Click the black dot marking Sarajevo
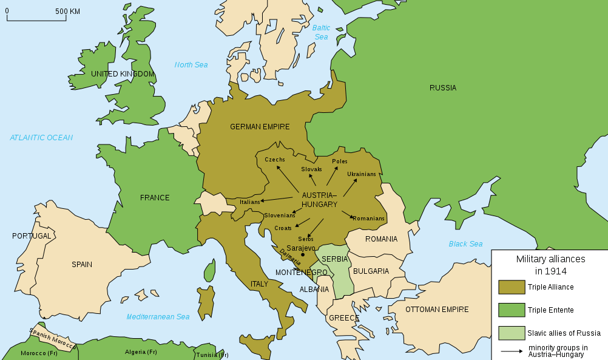click(x=303, y=256)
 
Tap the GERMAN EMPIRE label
click(x=260, y=127)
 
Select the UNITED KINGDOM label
click(x=123, y=74)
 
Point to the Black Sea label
click(x=465, y=244)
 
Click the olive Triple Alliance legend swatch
click(x=512, y=287)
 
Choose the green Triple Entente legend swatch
click(x=512, y=310)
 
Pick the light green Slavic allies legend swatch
click(x=512, y=333)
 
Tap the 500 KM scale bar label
click(x=67, y=11)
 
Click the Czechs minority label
click(x=275, y=160)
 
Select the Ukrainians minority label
click(x=362, y=174)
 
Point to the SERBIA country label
click(x=335, y=259)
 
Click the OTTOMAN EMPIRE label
click(x=437, y=310)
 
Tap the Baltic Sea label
click(x=321, y=32)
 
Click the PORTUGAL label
click(x=32, y=236)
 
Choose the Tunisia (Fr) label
click(x=212, y=355)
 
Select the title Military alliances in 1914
click(x=550, y=265)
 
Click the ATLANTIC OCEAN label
click(x=41, y=138)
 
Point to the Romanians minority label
click(x=368, y=219)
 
